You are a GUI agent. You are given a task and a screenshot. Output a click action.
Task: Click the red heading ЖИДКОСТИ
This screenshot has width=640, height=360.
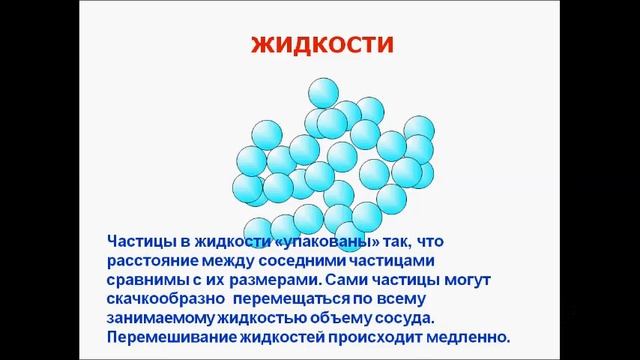[320, 46]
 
